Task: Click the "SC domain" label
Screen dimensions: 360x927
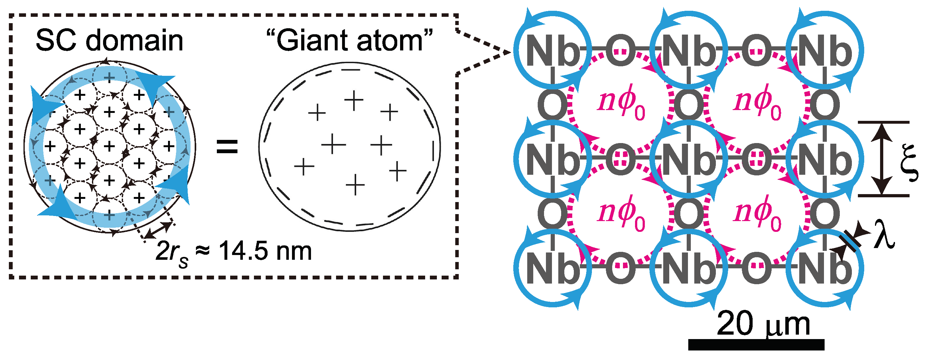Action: [109, 41]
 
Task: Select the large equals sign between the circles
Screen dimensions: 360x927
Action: [227, 147]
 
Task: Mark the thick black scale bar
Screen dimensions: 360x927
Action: [756, 345]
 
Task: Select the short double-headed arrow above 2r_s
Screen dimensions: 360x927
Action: [158, 230]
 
